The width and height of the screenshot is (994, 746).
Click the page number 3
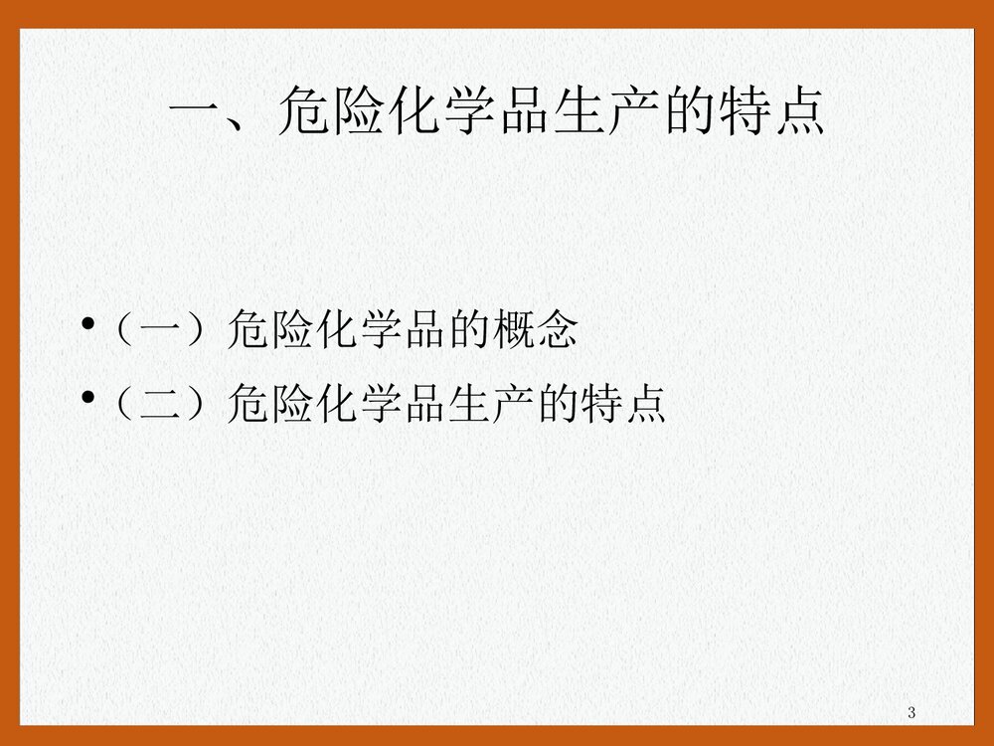click(x=911, y=712)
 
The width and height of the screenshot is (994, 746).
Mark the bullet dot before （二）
click(x=89, y=400)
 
